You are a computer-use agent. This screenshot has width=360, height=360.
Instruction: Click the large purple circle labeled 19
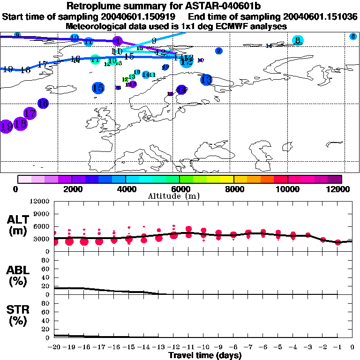coord(7,127)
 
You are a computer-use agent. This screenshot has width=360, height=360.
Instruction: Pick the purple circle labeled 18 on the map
coord(20,124)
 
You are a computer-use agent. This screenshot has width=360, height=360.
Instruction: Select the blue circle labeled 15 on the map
coord(98,88)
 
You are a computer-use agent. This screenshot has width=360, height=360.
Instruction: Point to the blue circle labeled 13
coord(206,80)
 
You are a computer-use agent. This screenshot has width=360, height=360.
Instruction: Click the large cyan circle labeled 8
coord(297,41)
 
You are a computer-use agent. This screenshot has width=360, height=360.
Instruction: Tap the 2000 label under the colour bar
coord(71,189)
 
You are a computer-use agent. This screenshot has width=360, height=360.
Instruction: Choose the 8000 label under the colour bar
coord(233,189)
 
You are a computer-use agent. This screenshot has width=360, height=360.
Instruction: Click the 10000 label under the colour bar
coord(287,189)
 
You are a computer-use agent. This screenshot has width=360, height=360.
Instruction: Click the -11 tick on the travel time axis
coord(188,347)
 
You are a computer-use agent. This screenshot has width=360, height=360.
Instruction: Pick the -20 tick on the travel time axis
coord(54,347)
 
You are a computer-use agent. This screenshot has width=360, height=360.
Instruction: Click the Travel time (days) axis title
coord(205,355)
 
